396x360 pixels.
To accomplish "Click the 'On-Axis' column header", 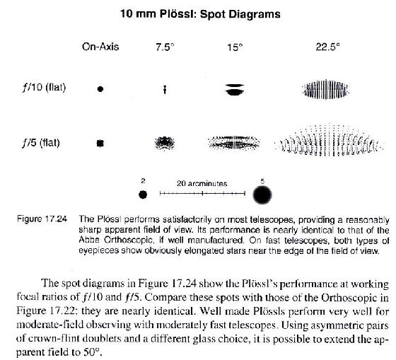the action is pyautogui.click(x=100, y=47).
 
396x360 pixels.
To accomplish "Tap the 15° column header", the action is pyautogui.click(x=235, y=47).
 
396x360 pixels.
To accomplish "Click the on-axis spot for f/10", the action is pyautogui.click(x=100, y=89).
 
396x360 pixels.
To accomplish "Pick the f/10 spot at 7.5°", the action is pyautogui.click(x=164, y=89).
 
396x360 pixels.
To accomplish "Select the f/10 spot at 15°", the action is pyautogui.click(x=235, y=89).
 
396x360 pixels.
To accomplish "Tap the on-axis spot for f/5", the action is pyautogui.click(x=100, y=143).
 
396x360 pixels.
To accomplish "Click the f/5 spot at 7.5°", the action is pyautogui.click(x=167, y=144).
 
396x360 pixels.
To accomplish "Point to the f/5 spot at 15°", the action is pyautogui.click(x=236, y=144).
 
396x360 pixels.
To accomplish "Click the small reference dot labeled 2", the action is pyautogui.click(x=144, y=194).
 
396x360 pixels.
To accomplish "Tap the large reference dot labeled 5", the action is pyautogui.click(x=263, y=194).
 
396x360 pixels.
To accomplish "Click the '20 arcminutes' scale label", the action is pyautogui.click(x=202, y=183).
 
